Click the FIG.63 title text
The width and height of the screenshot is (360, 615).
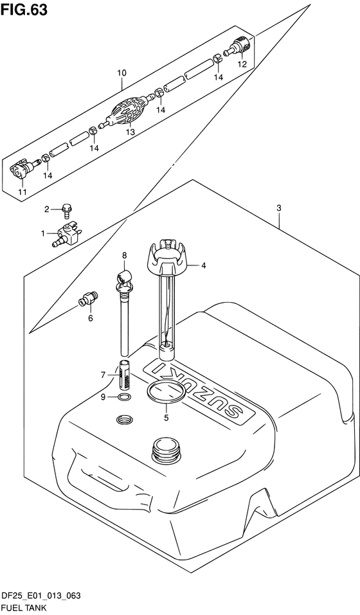coord(24,10)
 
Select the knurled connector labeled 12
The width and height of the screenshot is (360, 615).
coord(240,49)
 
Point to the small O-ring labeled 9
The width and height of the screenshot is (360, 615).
coord(124,398)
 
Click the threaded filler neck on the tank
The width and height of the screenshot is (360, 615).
coord(167,449)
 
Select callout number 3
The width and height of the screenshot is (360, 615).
coord(279,208)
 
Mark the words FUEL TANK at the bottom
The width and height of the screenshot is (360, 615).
coord(24,608)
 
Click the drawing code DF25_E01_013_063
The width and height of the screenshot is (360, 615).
coord(40,596)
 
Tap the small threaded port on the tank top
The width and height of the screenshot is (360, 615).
coord(125,420)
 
